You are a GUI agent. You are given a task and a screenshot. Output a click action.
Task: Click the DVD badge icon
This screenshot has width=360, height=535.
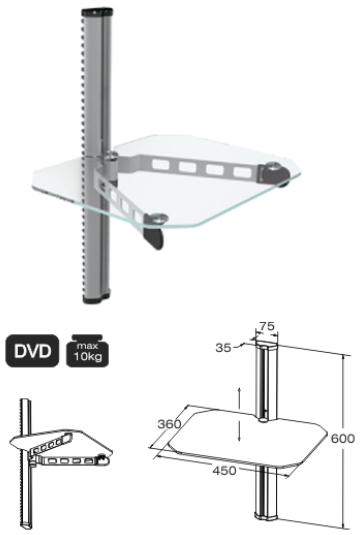(32, 352)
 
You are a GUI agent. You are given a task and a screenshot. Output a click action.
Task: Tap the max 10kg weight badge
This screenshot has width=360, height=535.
(87, 352)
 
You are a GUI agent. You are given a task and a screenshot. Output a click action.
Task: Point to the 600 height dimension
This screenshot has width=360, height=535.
(343, 438)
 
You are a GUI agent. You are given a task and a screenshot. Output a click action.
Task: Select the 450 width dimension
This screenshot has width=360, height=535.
(225, 470)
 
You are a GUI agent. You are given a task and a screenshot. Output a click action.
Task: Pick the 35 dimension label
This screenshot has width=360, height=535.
(223, 348)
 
